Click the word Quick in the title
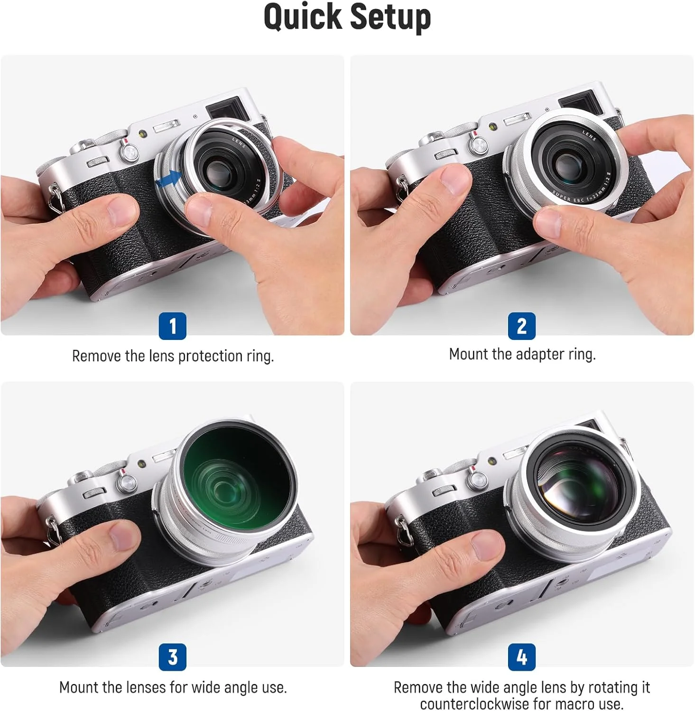(303, 17)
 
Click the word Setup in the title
(391, 18)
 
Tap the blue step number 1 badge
(172, 326)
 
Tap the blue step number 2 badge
(522, 326)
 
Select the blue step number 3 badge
(172, 657)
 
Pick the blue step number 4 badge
(522, 657)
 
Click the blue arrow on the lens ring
(168, 180)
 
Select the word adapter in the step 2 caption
(536, 354)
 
